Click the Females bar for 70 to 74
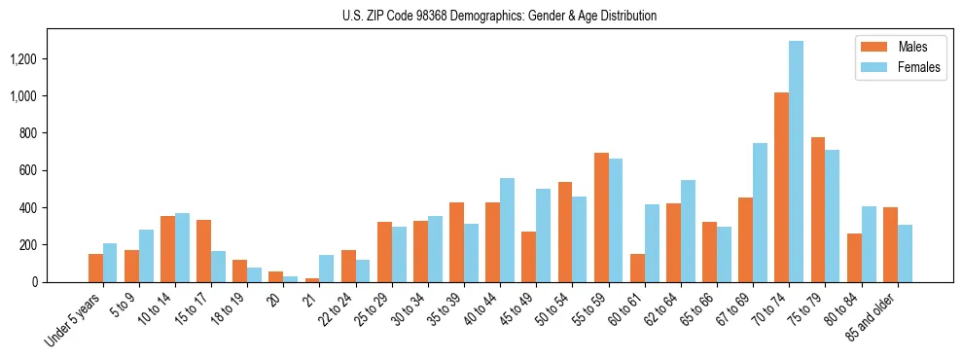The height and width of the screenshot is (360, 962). (797, 162)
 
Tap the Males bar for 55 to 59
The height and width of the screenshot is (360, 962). (601, 217)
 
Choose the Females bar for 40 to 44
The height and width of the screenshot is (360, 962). (508, 230)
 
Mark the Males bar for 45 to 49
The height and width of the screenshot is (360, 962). (529, 257)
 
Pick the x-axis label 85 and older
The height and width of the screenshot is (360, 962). (876, 314)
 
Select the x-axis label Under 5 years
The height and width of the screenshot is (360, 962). (78, 318)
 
